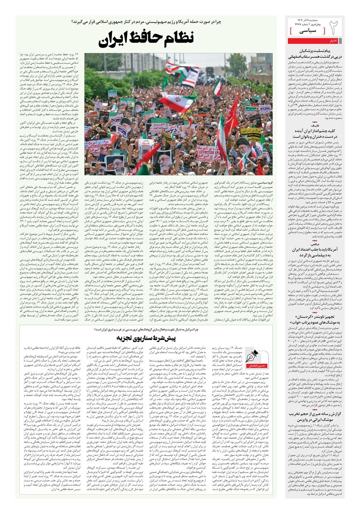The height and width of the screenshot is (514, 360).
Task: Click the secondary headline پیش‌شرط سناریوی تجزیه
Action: point(146,337)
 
